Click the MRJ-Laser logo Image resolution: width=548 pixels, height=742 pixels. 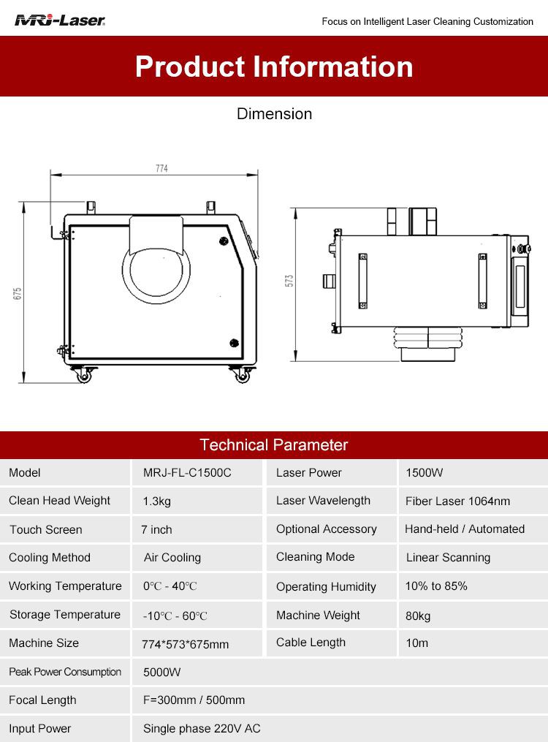click(60, 20)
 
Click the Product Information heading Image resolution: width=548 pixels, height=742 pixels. click(274, 67)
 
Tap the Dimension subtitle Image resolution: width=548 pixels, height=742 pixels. click(274, 113)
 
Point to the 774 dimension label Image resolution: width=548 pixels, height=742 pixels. click(161, 168)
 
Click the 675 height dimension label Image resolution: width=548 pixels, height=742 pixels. click(18, 293)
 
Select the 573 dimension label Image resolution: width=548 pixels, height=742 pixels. click(289, 281)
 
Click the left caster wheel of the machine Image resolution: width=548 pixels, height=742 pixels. click(84, 375)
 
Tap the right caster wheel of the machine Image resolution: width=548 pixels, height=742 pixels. click(242, 375)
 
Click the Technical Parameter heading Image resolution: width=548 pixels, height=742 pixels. click(274, 444)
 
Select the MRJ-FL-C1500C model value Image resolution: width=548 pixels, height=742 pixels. click(187, 473)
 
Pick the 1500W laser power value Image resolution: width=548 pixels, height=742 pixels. click(424, 473)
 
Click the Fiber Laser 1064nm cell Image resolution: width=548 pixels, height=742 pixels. click(457, 501)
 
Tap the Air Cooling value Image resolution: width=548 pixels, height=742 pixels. click(172, 558)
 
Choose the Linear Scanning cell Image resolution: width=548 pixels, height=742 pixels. click(448, 558)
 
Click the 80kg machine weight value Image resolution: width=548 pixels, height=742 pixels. click(418, 616)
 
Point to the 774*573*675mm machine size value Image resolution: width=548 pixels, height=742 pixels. click(186, 644)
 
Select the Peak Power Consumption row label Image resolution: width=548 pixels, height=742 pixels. click(65, 672)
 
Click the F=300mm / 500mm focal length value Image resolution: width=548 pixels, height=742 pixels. click(194, 700)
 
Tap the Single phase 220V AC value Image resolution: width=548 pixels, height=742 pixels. click(202, 729)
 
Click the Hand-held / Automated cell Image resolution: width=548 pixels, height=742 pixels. click(465, 529)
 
